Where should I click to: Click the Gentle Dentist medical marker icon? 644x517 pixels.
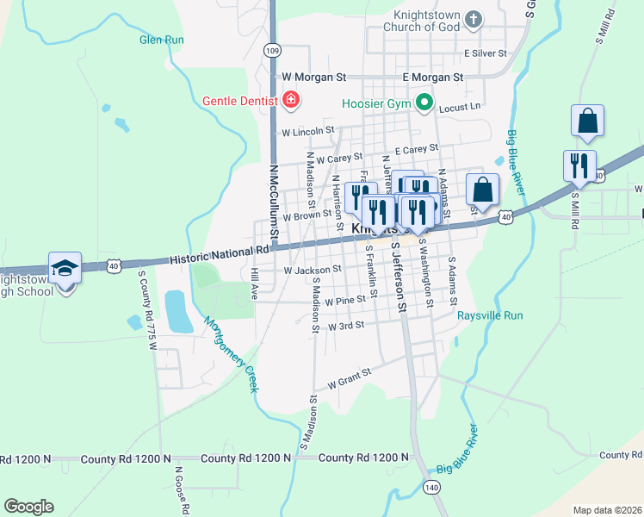(291, 101)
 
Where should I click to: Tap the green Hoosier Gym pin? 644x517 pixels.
(424, 103)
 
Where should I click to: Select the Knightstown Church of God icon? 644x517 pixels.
(473, 19)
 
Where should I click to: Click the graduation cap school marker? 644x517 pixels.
(65, 269)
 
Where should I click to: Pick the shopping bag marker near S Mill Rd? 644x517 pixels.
(587, 122)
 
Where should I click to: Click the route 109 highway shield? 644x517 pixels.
(272, 50)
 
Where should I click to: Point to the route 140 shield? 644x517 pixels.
(431, 488)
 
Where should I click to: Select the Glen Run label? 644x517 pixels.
(162, 40)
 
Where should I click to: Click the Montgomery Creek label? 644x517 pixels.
(231, 354)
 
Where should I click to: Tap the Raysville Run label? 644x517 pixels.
(490, 316)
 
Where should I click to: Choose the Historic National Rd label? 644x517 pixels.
(220, 253)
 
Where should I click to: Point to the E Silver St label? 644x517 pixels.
(486, 53)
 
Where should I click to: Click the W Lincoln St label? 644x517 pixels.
(307, 132)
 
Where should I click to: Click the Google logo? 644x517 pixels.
(28, 507)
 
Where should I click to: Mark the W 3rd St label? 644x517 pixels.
(346, 326)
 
